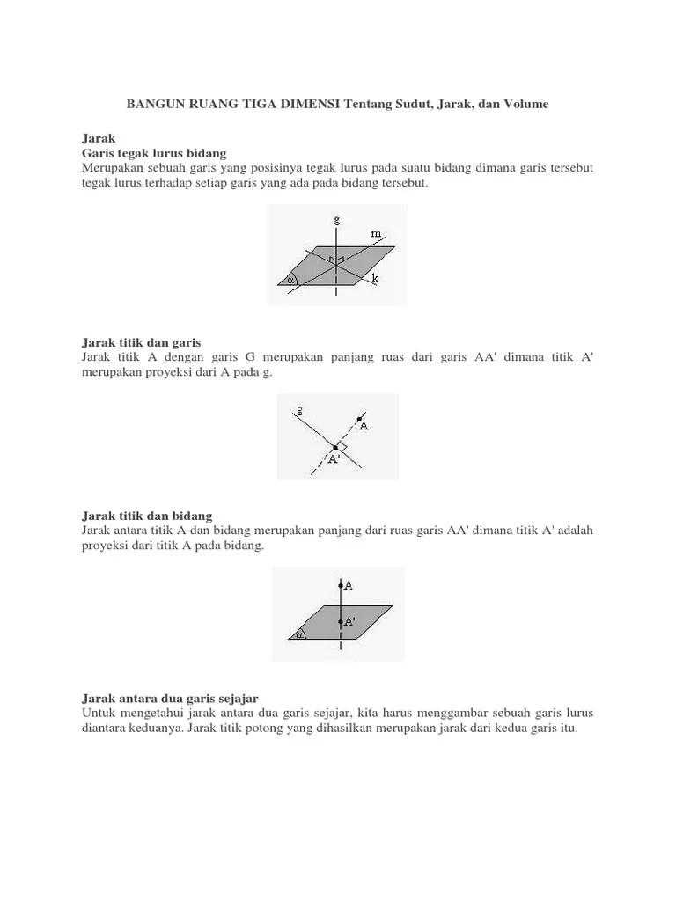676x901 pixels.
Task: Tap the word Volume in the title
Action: [525, 104]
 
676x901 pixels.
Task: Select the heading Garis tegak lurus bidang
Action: [154, 153]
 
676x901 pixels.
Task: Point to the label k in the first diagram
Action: [375, 278]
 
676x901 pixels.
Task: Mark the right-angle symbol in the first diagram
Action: [336, 260]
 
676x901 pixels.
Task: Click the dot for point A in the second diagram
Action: [359, 419]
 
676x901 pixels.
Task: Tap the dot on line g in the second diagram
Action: [334, 448]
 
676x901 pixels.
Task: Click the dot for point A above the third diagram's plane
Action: [340, 584]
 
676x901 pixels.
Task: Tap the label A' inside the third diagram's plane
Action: [349, 621]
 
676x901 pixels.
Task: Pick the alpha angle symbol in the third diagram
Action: [300, 633]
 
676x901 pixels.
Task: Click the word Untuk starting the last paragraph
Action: [99, 712]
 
